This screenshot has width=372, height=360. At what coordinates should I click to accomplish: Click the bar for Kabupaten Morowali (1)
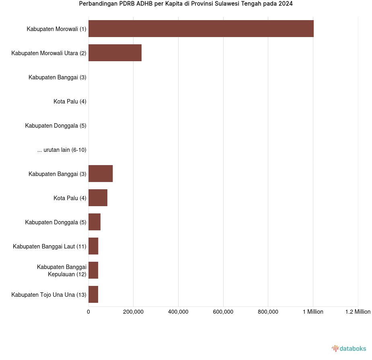(x=201, y=29)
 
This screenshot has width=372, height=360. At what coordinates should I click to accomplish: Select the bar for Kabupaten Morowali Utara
(x=115, y=53)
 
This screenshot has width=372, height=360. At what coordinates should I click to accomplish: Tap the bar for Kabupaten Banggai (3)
(x=101, y=174)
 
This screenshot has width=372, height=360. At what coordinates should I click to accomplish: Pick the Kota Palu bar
(x=98, y=198)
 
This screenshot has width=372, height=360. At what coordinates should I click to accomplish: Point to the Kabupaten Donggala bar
(x=95, y=222)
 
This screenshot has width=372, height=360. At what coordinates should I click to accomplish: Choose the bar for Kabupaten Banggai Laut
(x=93, y=246)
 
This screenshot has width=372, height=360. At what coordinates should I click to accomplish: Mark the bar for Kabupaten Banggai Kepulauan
(x=93, y=270)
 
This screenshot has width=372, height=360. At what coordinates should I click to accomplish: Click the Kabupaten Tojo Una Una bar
(x=93, y=294)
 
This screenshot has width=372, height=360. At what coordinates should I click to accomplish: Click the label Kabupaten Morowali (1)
(x=57, y=29)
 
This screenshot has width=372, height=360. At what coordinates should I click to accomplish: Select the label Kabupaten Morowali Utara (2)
(x=49, y=53)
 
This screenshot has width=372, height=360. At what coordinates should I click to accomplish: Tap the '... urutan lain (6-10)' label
(x=62, y=150)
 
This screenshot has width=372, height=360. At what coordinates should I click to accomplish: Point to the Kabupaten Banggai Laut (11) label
(x=49, y=246)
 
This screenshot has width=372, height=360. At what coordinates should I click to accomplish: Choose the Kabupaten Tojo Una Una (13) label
(x=49, y=295)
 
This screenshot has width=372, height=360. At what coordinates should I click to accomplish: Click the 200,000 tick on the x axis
(x=134, y=312)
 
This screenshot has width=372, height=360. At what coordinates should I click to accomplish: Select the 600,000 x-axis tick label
(x=223, y=312)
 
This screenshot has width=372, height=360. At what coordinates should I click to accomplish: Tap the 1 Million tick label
(x=313, y=312)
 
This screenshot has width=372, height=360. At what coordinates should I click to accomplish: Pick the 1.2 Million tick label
(x=358, y=312)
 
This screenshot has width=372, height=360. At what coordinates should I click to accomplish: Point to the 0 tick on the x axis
(x=88, y=312)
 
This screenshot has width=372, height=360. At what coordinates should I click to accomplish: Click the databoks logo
(x=349, y=348)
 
